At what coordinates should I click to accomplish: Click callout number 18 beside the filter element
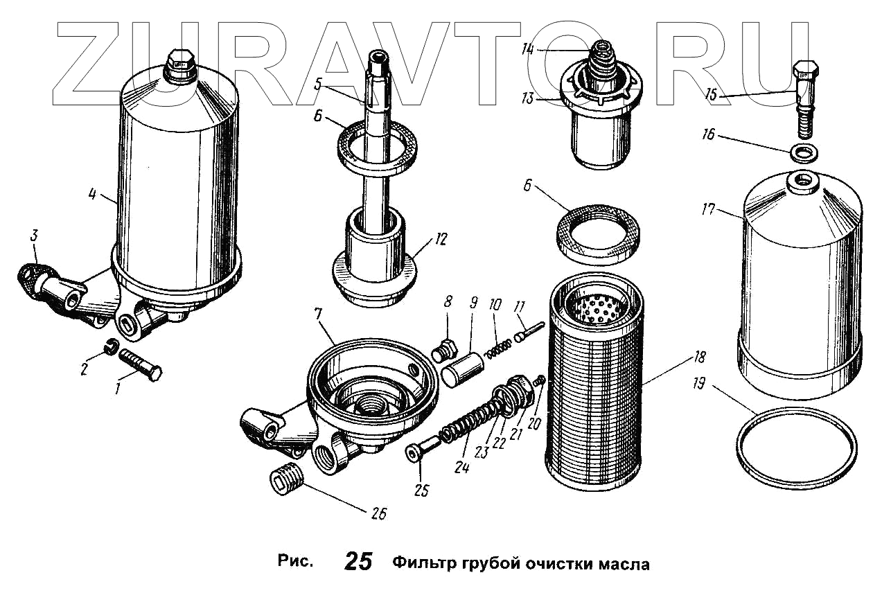point(699,357)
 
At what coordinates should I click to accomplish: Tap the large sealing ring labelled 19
point(796,450)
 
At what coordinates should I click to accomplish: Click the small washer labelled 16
point(802,152)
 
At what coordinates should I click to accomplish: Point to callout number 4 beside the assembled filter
point(92,194)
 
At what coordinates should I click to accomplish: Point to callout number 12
point(441,240)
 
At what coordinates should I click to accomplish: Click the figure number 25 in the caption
point(358,562)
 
